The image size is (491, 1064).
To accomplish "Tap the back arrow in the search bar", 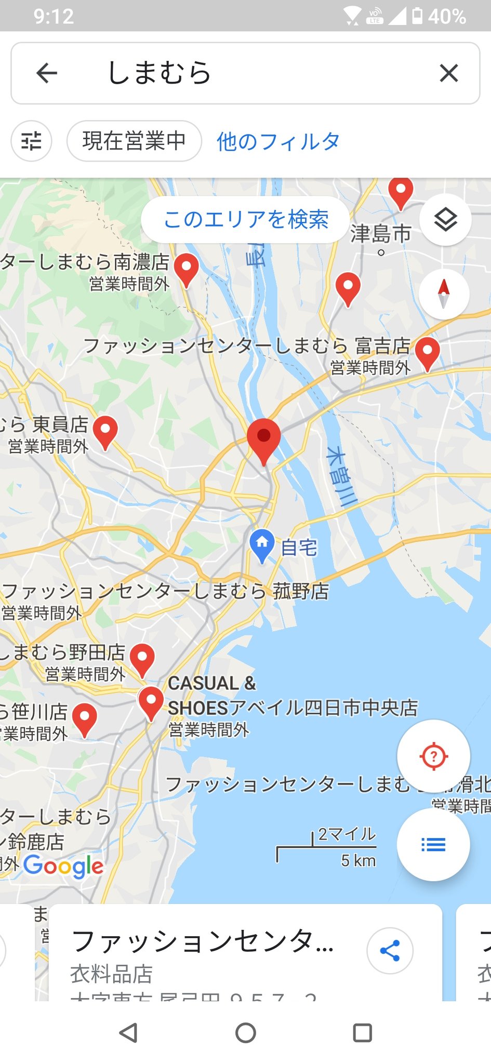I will click(x=47, y=73).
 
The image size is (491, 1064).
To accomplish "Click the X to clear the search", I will click(x=448, y=73).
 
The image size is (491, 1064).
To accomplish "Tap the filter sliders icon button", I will click(x=31, y=141).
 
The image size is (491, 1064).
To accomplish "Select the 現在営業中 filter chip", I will click(x=134, y=141).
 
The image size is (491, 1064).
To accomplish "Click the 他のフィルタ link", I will click(x=278, y=141).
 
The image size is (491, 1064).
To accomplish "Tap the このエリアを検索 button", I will click(x=245, y=219).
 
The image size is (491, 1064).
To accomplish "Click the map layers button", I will click(x=445, y=220).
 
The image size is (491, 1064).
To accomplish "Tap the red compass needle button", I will click(x=444, y=294).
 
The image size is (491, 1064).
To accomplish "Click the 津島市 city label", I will click(x=380, y=234).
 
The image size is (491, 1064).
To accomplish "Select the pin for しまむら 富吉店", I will click(x=427, y=352).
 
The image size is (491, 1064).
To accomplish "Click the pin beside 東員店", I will click(x=105, y=431).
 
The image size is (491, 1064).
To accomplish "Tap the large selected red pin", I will click(x=263, y=439).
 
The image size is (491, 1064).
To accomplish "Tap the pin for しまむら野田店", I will click(x=142, y=659).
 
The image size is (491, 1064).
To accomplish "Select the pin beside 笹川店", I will click(x=84, y=719).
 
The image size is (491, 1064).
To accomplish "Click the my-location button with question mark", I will click(x=433, y=756).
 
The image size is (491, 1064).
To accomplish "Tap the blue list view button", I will click(x=433, y=844).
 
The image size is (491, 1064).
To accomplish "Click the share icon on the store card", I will click(x=390, y=950).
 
